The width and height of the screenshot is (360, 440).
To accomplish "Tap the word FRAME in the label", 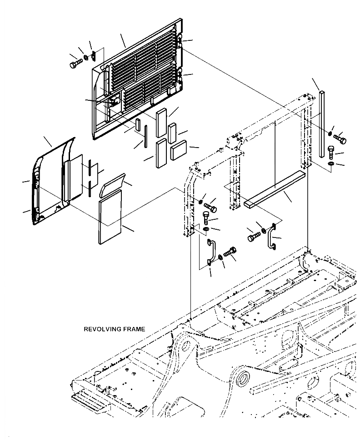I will [134, 329].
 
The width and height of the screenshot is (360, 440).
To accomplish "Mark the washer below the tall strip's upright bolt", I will [331, 163].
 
